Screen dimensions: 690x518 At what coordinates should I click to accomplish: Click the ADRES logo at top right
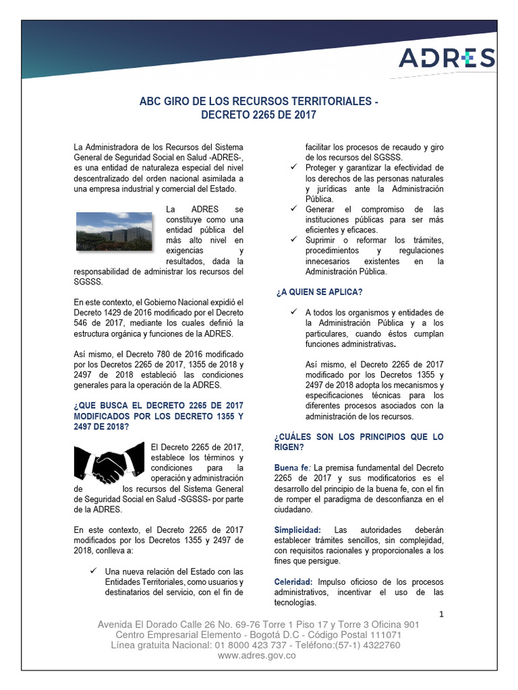446,59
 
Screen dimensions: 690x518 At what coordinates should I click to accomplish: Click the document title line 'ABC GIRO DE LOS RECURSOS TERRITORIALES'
258,102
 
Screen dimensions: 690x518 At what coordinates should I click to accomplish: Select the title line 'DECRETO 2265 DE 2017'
258,115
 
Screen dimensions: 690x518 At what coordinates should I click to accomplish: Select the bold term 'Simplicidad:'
297,530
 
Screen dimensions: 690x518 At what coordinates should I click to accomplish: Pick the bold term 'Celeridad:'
293,582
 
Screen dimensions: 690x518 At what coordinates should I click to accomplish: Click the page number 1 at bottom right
441,614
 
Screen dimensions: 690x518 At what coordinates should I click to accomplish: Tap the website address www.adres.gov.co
258,656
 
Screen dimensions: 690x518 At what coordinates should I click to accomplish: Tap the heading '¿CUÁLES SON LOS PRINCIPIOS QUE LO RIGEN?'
359,442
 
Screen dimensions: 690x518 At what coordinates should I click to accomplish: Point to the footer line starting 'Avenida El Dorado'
258,625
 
